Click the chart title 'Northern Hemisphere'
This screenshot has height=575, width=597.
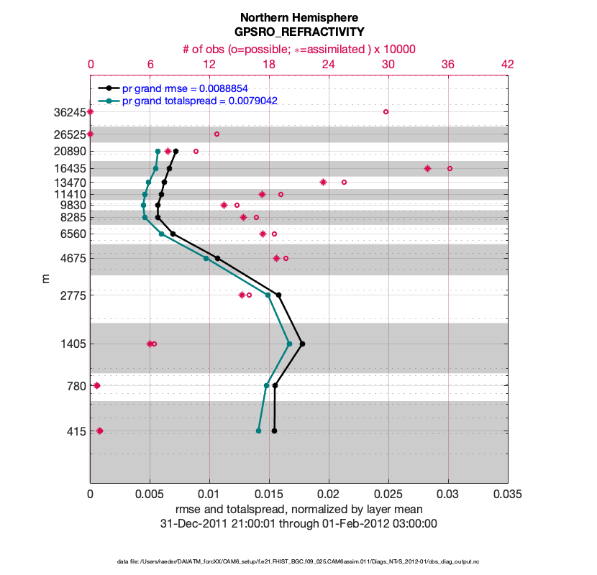pyautogui.click(x=298, y=17)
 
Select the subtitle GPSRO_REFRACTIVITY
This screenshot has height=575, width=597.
pyautogui.click(x=298, y=32)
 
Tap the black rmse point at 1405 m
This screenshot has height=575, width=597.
pyautogui.click(x=302, y=344)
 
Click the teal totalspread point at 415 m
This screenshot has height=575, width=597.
pyautogui.click(x=258, y=431)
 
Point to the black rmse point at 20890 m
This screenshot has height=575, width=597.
pyautogui.click(x=176, y=151)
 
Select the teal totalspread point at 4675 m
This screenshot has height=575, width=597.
pyautogui.click(x=206, y=258)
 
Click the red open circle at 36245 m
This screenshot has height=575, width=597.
pyautogui.click(x=386, y=111)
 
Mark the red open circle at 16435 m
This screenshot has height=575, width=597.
pyautogui.click(x=450, y=168)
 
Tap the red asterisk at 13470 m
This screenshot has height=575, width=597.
pyautogui.click(x=323, y=182)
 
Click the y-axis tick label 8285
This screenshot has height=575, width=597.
pyautogui.click(x=69, y=217)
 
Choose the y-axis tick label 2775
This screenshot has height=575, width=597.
pyautogui.click(x=69, y=295)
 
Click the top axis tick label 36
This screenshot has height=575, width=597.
pyautogui.click(x=448, y=65)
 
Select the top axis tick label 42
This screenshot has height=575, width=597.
pyautogui.click(x=508, y=65)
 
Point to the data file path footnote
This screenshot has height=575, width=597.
pyautogui.click(x=298, y=561)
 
